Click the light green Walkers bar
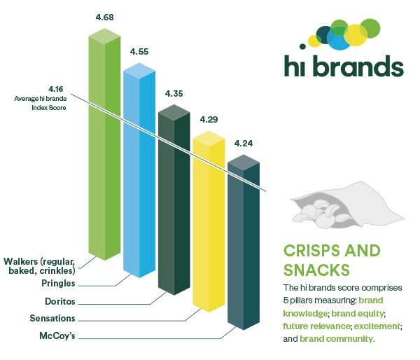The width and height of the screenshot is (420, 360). pyautogui.click(x=104, y=144)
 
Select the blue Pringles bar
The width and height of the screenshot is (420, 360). pyautogui.click(x=139, y=170)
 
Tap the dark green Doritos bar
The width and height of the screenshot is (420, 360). pyautogui.click(x=174, y=200)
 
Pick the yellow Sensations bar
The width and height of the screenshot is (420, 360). pyautogui.click(x=209, y=221)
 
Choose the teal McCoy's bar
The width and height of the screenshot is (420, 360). pyautogui.click(x=244, y=242)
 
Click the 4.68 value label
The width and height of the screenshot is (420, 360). pyautogui.click(x=104, y=18)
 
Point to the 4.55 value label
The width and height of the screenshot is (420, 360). pyautogui.click(x=139, y=51)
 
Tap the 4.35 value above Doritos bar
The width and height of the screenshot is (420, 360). pyautogui.click(x=174, y=94)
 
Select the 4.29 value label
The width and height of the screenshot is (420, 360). pyautogui.click(x=209, y=120)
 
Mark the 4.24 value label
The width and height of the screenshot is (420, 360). pyautogui.click(x=244, y=144)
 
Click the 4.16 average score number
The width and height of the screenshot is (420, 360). pyautogui.click(x=56, y=89)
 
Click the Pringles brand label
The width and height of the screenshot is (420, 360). pyautogui.click(x=58, y=284)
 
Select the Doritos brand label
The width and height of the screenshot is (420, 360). pyautogui.click(x=60, y=301)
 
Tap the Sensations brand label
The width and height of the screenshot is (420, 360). pyautogui.click(x=52, y=318)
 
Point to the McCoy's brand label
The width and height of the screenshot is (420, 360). pyautogui.click(x=57, y=335)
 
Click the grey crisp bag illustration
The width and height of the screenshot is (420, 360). pyautogui.click(x=347, y=205)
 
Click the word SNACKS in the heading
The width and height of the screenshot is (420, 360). pyautogui.click(x=316, y=270)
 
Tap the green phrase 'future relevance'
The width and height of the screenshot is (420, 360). pyautogui.click(x=316, y=326)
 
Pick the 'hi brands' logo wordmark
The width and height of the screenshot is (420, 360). pyautogui.click(x=344, y=66)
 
